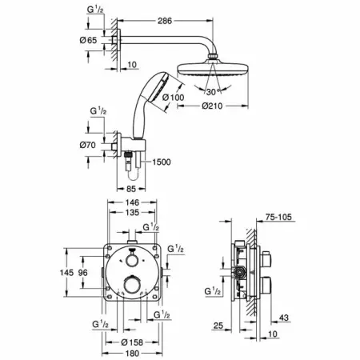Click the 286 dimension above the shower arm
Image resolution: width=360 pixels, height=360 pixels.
(165, 21)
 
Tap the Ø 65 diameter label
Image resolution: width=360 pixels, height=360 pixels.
(88, 40)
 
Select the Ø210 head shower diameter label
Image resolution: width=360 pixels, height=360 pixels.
(212, 106)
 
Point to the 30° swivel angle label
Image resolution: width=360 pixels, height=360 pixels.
(213, 92)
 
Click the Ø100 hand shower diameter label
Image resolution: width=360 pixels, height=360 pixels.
(174, 98)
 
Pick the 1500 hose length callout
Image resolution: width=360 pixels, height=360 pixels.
(162, 162)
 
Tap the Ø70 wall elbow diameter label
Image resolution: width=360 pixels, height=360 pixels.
(87, 145)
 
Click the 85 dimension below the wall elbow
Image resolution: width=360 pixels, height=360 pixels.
(131, 189)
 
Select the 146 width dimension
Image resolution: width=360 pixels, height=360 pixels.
(132, 202)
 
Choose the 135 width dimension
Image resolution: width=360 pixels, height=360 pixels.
(132, 213)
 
